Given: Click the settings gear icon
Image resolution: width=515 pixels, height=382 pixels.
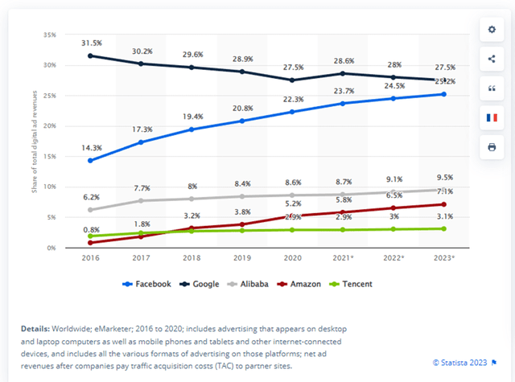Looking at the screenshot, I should [491, 29].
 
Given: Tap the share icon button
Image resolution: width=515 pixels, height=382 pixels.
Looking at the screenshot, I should [491, 58].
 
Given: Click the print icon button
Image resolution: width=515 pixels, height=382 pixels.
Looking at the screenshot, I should [491, 147].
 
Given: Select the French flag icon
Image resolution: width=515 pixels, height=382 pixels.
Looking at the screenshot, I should [491, 117].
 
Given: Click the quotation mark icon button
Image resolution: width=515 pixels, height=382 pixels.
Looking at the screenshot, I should [491, 88].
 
